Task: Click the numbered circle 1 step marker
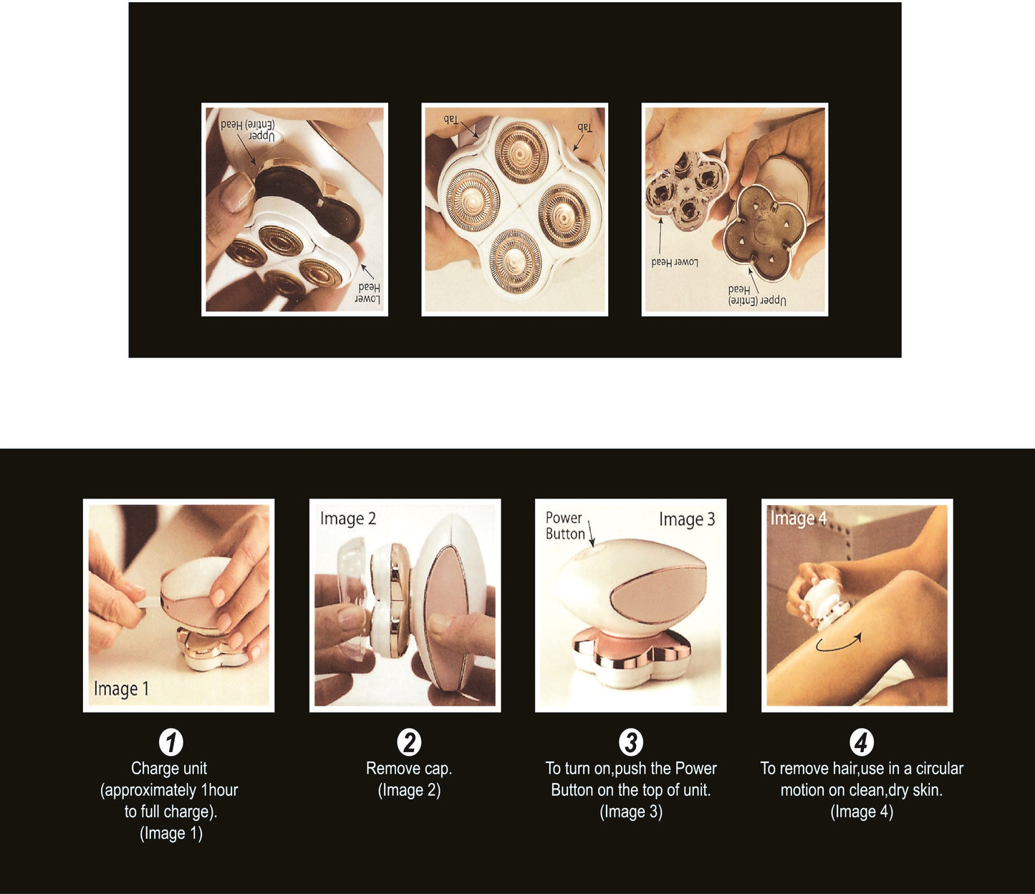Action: tap(170, 742)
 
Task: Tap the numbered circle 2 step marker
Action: tap(409, 742)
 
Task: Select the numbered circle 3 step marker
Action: tap(631, 742)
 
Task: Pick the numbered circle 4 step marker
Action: tap(861, 742)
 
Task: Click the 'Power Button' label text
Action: tap(565, 525)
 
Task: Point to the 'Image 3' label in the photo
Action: tap(687, 519)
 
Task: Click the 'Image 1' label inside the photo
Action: tap(122, 689)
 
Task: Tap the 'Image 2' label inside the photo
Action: tap(348, 519)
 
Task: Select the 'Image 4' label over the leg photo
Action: tap(798, 519)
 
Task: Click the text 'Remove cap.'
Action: tap(409, 769)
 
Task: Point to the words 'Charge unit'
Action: tap(169, 769)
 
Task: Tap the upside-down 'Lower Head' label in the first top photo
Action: tap(368, 293)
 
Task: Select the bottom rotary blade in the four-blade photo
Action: tap(515, 260)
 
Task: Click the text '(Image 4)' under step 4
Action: tap(862, 812)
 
